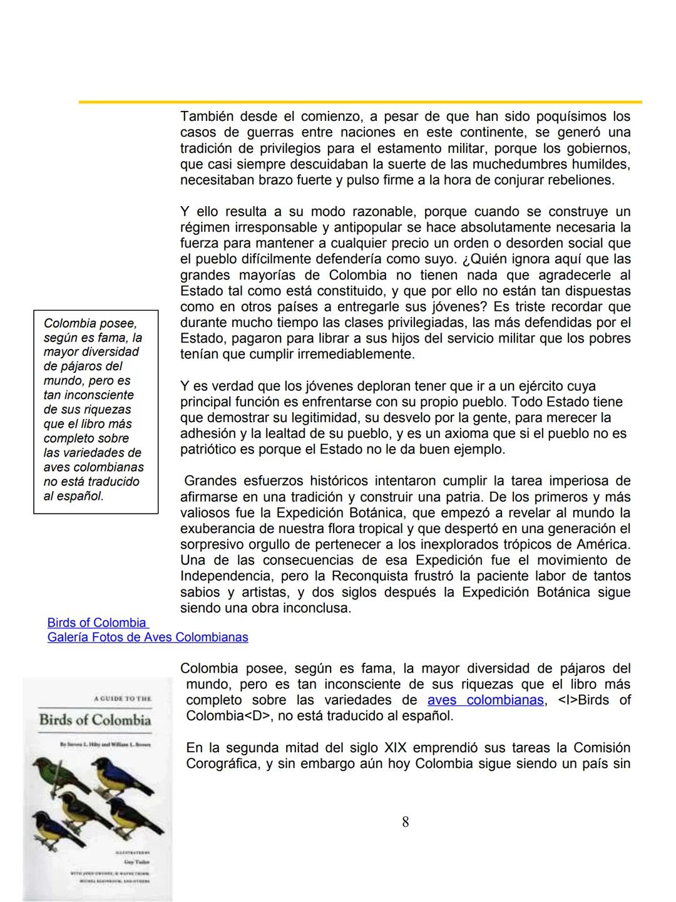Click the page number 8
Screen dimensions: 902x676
(x=406, y=822)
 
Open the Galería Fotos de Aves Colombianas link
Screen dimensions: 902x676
(x=148, y=637)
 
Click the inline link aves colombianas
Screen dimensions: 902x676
(x=485, y=700)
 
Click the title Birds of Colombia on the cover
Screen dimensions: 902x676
(x=95, y=720)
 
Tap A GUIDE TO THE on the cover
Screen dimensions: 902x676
(x=121, y=698)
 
